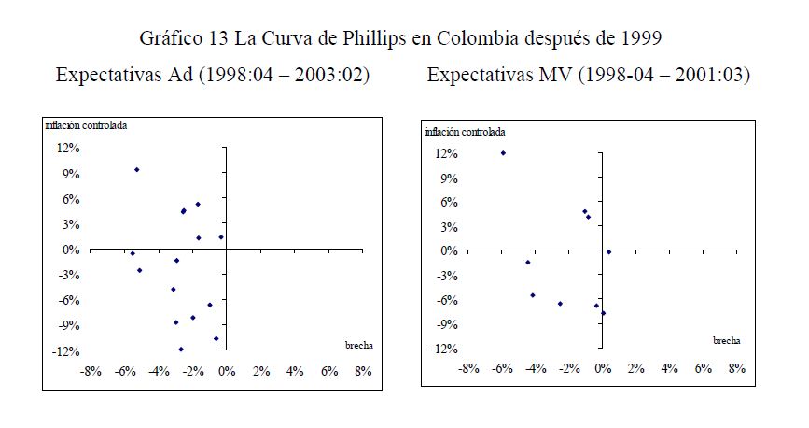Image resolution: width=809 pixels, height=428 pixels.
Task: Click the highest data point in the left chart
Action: pyautogui.click(x=136, y=169)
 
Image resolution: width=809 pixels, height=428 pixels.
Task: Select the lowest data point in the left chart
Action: pyautogui.click(x=181, y=350)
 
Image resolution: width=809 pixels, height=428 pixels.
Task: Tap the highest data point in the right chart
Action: pyautogui.click(x=503, y=153)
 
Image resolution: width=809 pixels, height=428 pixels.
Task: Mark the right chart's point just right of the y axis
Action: pyautogui.click(x=608, y=251)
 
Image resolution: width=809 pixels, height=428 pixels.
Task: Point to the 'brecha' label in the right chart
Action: pyautogui.click(x=727, y=341)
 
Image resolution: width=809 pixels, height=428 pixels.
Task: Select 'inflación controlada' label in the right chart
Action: pyautogui.click(x=464, y=132)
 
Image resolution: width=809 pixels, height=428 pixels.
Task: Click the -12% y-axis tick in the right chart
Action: pyautogui.click(x=443, y=349)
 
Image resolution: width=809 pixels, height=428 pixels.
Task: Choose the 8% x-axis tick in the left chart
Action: pyautogui.click(x=363, y=371)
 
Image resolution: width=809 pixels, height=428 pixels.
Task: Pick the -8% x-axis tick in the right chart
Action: pyautogui.click(x=468, y=368)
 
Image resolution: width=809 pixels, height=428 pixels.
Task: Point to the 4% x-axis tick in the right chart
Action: pyautogui.click(x=669, y=368)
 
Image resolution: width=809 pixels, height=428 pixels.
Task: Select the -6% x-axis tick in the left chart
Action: pyautogui.click(x=124, y=371)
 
